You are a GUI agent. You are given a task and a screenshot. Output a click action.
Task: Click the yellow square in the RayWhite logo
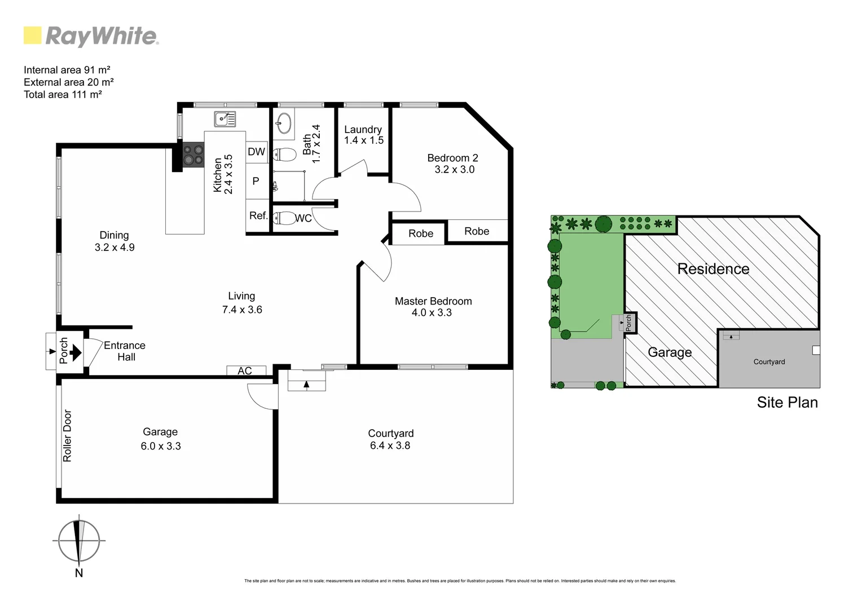(33, 36)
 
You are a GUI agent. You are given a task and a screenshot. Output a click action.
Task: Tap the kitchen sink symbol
(225, 119)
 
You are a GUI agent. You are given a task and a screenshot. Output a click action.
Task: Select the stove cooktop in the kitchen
(193, 155)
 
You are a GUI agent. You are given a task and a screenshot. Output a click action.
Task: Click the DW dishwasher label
(256, 152)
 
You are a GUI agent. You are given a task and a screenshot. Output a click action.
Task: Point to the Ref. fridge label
(258, 215)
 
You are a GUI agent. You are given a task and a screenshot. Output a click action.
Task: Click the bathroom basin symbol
(284, 122)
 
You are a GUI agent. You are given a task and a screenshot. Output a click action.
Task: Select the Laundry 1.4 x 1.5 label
(363, 135)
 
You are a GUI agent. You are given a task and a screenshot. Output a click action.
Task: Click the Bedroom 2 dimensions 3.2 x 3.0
(454, 169)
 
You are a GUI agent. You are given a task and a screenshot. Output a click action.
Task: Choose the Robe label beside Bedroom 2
(477, 231)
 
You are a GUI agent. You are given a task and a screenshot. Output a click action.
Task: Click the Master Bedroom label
(433, 301)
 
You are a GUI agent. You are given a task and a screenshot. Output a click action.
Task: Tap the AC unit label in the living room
(244, 370)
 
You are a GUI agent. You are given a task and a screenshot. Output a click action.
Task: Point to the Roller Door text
(67, 435)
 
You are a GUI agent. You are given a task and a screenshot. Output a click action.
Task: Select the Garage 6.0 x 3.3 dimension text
(160, 445)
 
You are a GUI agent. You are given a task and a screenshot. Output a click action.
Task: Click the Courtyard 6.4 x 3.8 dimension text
(390, 445)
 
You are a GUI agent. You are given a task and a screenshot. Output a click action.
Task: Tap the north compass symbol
(79, 540)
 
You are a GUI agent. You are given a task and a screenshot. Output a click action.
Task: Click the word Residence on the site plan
(713, 269)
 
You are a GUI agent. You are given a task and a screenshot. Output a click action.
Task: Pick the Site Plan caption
(786, 402)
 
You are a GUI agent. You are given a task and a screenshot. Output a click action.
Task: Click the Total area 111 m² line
(63, 95)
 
